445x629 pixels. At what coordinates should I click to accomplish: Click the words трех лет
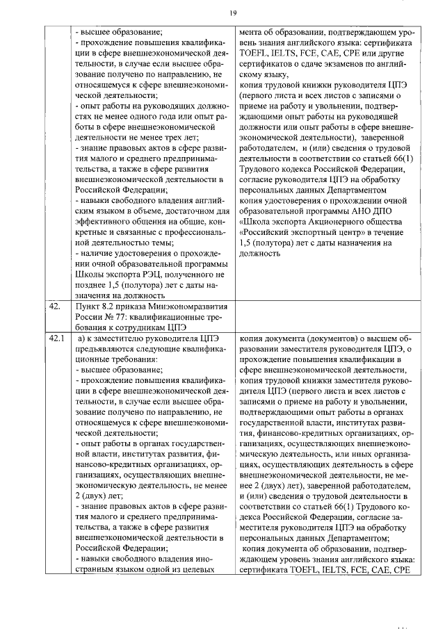click(x=181, y=138)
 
